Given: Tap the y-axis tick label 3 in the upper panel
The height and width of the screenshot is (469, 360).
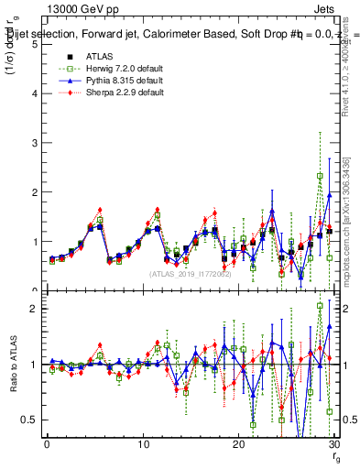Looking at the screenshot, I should coord(34,143).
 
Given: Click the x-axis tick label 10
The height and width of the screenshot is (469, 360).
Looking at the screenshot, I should coord(142,444).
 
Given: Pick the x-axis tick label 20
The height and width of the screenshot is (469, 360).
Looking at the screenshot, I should coord(238,444).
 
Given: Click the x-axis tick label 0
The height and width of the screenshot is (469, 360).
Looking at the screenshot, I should coord(47,444).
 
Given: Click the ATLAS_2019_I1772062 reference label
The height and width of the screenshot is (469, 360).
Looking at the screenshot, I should coord(190,273).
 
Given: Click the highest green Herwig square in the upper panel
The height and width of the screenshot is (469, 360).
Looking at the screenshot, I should coord(320,176).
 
